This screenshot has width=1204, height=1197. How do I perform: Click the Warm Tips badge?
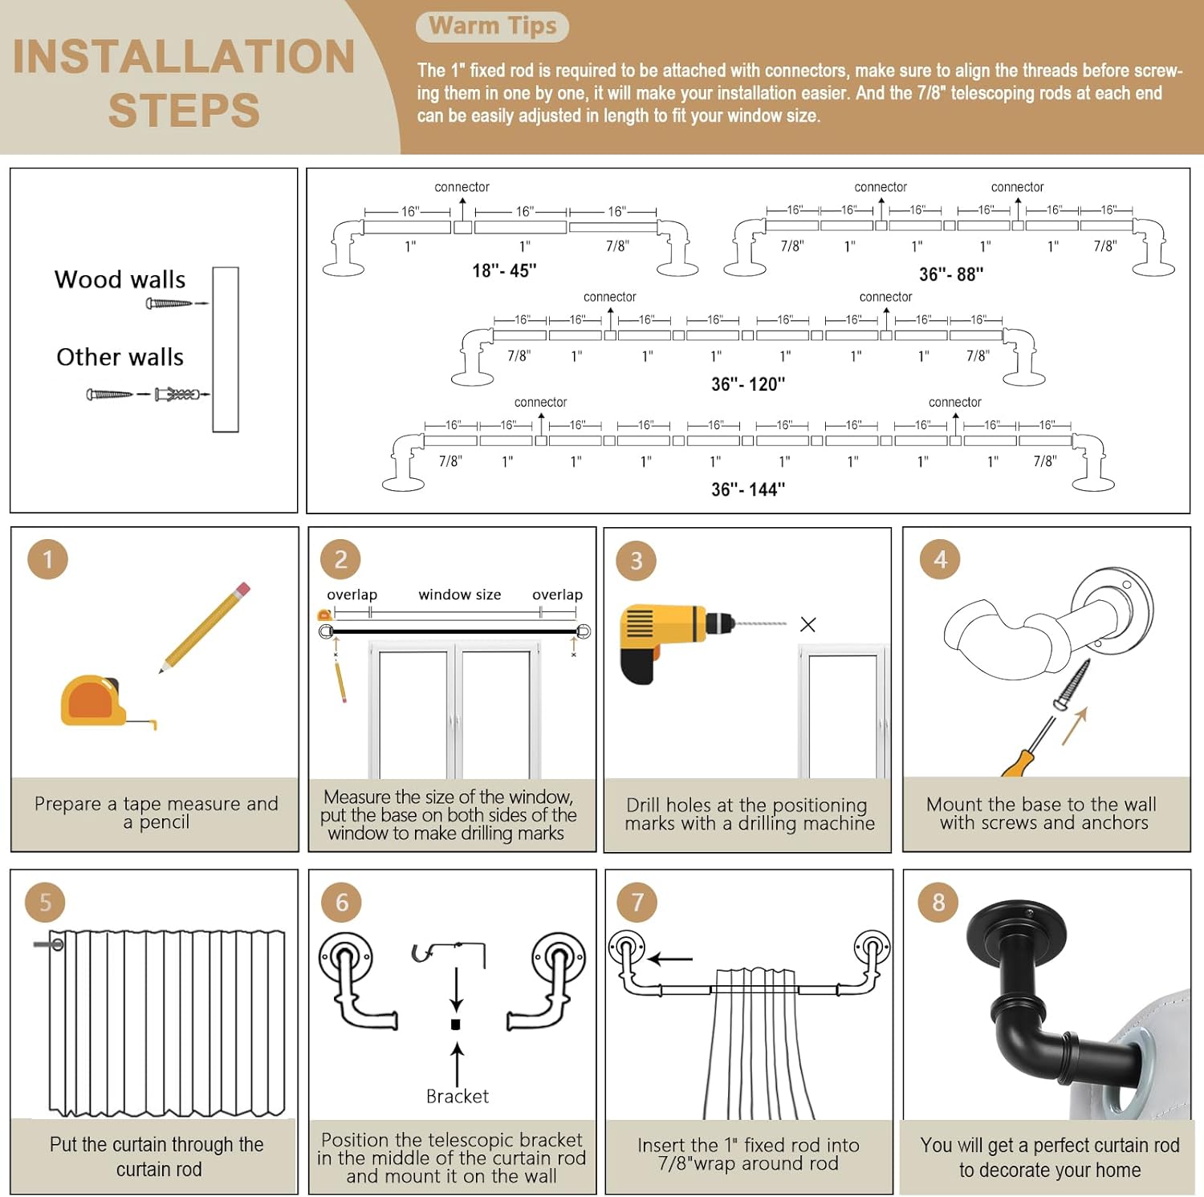point(492,26)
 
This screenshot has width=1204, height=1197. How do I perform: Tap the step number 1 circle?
point(47,559)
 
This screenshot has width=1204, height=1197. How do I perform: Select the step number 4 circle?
point(940,559)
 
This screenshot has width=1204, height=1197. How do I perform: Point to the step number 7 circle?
point(637,903)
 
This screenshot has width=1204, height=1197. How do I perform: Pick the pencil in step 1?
point(206,627)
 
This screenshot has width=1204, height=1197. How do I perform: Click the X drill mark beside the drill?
point(807,625)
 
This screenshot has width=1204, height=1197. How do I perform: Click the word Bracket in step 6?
point(457,1096)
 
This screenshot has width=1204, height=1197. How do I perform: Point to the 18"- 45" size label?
point(504,270)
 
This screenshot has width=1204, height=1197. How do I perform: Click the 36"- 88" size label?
point(951,274)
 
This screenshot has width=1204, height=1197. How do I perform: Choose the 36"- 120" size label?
point(748,384)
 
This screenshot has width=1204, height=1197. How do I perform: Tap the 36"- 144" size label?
point(748,489)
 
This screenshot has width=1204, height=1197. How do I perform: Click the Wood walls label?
point(120,280)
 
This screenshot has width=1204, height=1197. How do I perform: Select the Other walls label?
point(120,357)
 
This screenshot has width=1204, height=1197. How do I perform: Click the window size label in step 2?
point(459,594)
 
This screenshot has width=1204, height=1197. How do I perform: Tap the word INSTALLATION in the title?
point(184,56)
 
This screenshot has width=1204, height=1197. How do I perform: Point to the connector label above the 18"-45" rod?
point(462,187)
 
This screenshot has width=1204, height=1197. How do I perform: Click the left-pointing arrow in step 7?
point(670,958)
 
